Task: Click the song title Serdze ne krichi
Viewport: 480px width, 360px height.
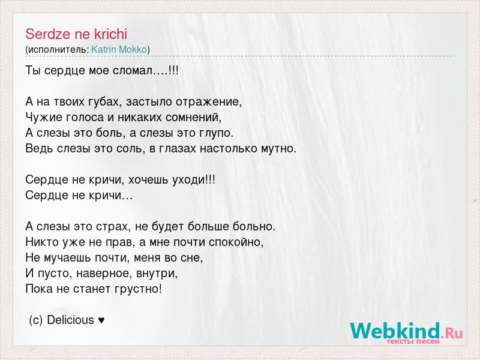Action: click(x=76, y=34)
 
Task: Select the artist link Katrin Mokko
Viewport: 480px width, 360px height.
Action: click(x=119, y=49)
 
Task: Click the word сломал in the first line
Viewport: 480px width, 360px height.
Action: click(x=133, y=71)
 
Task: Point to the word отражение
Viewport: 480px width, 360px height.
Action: click(x=208, y=102)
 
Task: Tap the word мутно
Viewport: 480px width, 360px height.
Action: click(x=278, y=149)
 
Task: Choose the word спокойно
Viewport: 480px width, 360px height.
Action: click(x=236, y=242)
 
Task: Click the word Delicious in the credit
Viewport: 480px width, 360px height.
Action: click(x=70, y=320)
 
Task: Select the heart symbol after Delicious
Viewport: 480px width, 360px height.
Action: click(x=101, y=320)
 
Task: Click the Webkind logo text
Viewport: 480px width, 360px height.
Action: click(x=395, y=331)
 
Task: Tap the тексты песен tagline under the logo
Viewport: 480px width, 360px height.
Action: click(x=413, y=341)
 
